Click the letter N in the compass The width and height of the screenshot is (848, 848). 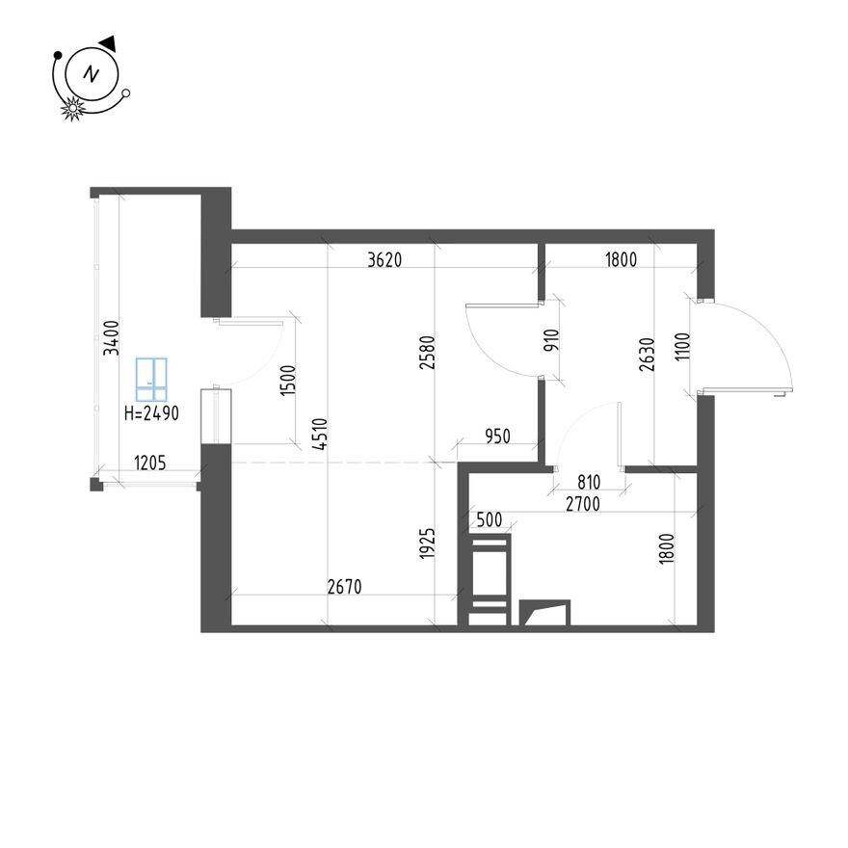point(92,73)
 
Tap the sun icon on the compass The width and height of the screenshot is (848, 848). point(72,109)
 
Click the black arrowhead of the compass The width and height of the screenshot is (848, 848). point(108,43)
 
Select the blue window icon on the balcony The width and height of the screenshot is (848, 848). point(151,380)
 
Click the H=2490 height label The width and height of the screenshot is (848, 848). point(151,413)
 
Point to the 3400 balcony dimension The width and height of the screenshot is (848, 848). point(112,338)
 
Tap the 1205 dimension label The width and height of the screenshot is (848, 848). point(149,463)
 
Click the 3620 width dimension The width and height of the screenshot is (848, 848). point(384,260)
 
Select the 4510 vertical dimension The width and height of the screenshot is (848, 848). point(320,435)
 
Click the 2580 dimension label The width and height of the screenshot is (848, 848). point(427,353)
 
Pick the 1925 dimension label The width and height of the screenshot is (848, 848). point(427,543)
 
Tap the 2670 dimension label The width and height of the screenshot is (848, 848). point(345,587)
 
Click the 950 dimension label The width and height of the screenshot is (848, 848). point(497,436)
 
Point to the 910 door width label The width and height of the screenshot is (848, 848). point(551,341)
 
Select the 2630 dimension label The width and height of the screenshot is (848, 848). point(647,355)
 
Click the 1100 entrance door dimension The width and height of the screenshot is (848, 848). point(682,346)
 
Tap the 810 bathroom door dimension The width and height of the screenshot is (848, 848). point(589,482)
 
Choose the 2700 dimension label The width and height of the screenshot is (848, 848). point(583,504)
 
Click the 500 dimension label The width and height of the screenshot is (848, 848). point(490,519)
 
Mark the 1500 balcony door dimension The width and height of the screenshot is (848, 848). point(288,381)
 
